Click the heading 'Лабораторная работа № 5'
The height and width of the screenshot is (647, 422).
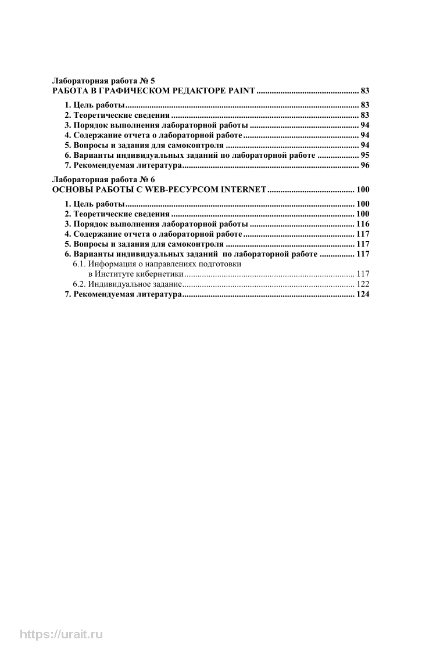[103, 81]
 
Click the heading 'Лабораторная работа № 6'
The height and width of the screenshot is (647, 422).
[103, 179]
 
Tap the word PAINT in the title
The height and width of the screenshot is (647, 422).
[241, 91]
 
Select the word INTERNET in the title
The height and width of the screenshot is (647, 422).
[239, 189]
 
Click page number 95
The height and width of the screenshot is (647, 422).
[365, 155]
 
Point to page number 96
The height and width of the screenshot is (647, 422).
[365, 165]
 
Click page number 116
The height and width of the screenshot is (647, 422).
[363, 224]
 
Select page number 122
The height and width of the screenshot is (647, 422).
[363, 284]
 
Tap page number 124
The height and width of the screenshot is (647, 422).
[363, 294]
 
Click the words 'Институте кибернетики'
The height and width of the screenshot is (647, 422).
[136, 274]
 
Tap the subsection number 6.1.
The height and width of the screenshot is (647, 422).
[79, 264]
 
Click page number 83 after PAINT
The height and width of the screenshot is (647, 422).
[365, 91]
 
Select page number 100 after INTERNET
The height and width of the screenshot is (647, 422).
[363, 189]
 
